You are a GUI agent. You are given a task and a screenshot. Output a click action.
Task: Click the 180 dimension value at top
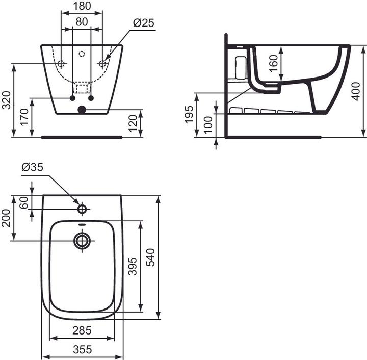pos(82,6)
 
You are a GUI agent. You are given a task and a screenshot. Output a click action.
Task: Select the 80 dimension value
pos(82,22)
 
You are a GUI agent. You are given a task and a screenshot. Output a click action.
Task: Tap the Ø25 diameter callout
pos(143,23)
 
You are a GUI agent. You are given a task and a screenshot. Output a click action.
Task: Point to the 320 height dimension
pos(6,100)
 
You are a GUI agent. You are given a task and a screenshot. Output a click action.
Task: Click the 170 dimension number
pos(22,118)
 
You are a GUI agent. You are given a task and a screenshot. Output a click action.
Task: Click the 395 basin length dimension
pos(132,266)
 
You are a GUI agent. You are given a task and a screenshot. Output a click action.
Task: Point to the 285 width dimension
pos(82,331)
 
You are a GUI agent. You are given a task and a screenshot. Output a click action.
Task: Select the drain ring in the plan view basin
pos(82,240)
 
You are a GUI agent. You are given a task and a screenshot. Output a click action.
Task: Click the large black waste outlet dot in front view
pos(82,109)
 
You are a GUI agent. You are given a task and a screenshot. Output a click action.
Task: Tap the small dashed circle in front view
pos(82,54)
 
